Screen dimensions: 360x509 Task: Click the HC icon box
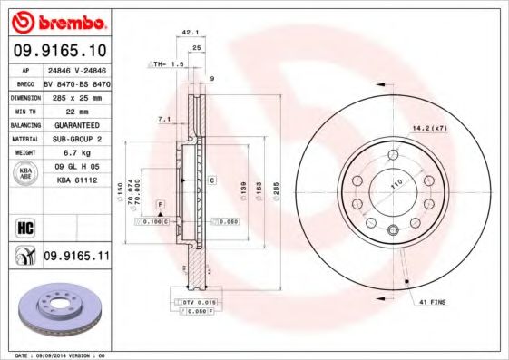[24, 228]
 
